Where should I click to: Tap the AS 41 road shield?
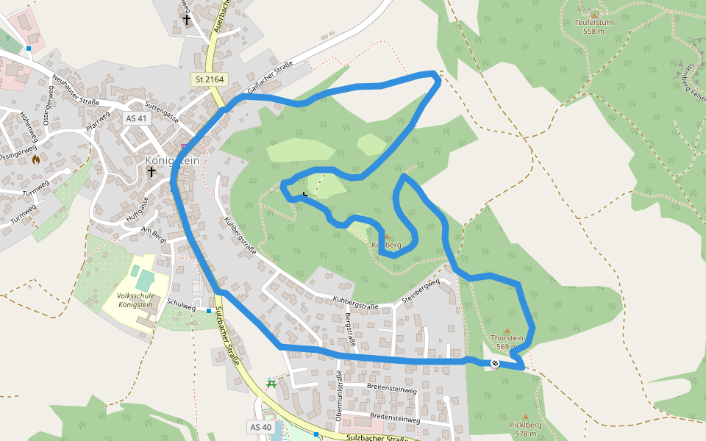(x=136, y=118)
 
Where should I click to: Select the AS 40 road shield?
(x=261, y=427)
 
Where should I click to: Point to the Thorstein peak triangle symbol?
(x=507, y=331)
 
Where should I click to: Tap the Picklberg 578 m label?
(x=525, y=429)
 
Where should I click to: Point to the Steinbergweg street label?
(x=421, y=292)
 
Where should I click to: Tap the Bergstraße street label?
(x=350, y=329)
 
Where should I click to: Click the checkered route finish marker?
(x=494, y=363)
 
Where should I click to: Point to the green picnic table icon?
(x=271, y=383)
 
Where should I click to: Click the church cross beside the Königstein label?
(x=151, y=172)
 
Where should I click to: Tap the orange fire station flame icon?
(x=35, y=158)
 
